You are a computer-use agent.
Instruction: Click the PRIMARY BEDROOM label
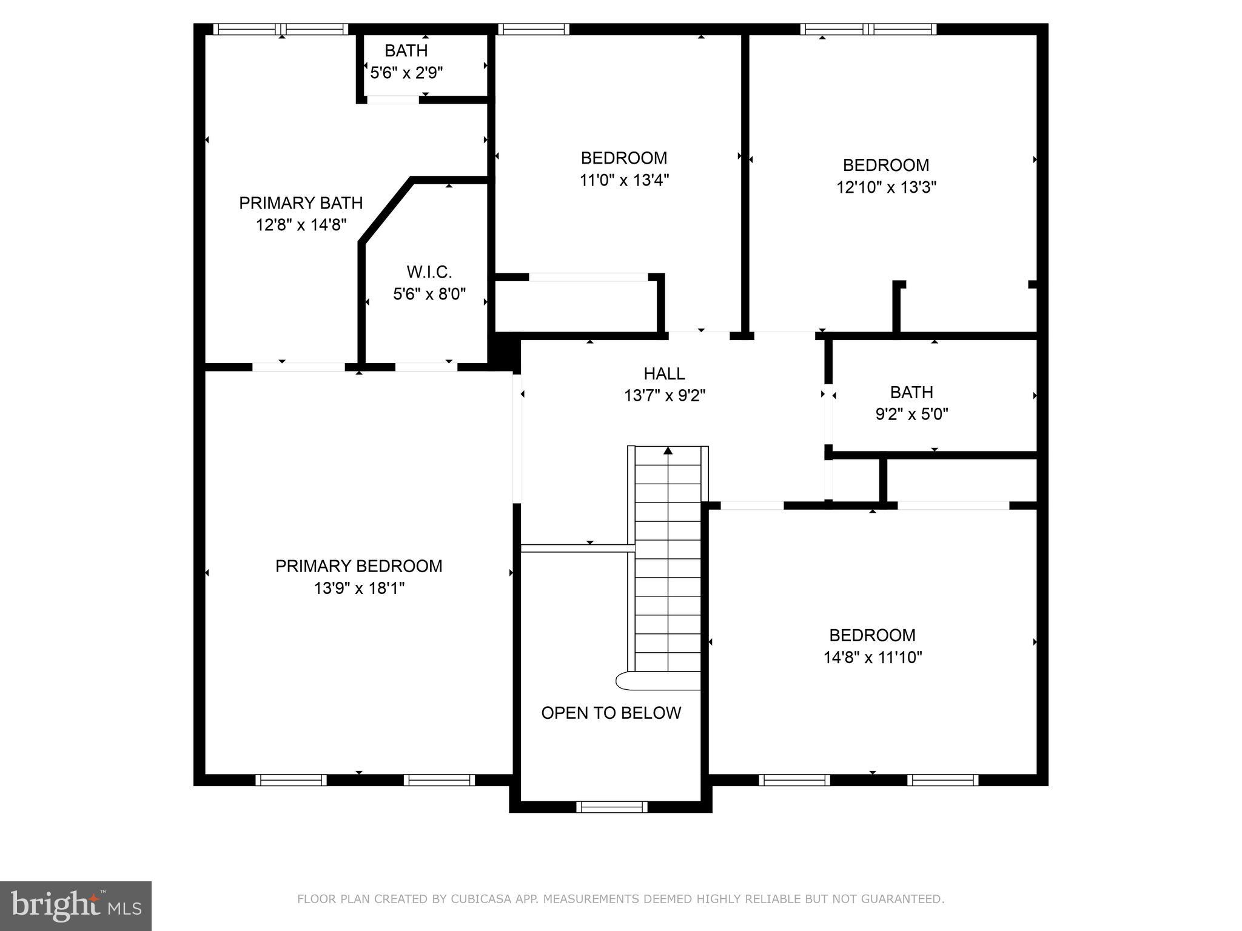tap(358, 566)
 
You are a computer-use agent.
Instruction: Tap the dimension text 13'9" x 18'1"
tap(358, 588)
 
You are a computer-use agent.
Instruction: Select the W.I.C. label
tap(429, 272)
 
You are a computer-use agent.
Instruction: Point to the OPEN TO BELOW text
tap(611, 713)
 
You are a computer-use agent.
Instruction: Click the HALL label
tap(664, 373)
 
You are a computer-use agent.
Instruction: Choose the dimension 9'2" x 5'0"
tap(911, 415)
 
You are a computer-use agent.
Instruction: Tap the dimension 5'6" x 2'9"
tap(406, 73)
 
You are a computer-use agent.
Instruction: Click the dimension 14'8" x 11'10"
tap(872, 658)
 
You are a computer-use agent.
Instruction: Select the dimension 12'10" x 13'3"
tap(885, 187)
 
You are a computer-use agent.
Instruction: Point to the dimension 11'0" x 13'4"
tap(623, 180)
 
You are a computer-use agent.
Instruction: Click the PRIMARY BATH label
tap(301, 202)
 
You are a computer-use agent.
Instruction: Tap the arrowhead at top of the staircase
tap(668, 450)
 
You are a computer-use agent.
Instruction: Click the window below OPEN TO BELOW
tap(611, 807)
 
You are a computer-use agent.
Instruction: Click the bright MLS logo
tap(75, 906)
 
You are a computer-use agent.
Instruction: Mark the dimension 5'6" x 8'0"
tap(429, 295)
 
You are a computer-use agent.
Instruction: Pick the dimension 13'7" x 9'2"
tap(664, 396)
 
